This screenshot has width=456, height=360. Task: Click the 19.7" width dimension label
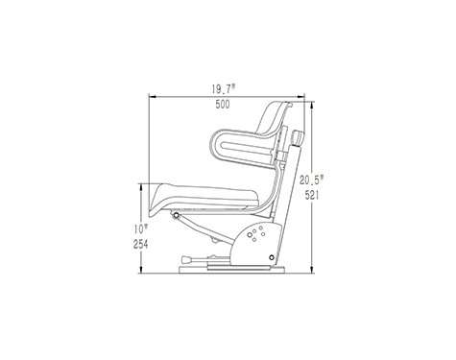224,89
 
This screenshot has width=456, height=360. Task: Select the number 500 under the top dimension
223,105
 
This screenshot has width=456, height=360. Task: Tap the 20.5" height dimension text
312,180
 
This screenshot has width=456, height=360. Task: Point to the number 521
312,195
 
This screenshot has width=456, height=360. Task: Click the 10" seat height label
141,229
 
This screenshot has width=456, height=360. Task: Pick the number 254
141,245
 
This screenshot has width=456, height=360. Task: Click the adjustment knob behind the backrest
297,138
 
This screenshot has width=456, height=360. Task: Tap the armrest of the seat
242,147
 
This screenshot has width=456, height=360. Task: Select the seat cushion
204,199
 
